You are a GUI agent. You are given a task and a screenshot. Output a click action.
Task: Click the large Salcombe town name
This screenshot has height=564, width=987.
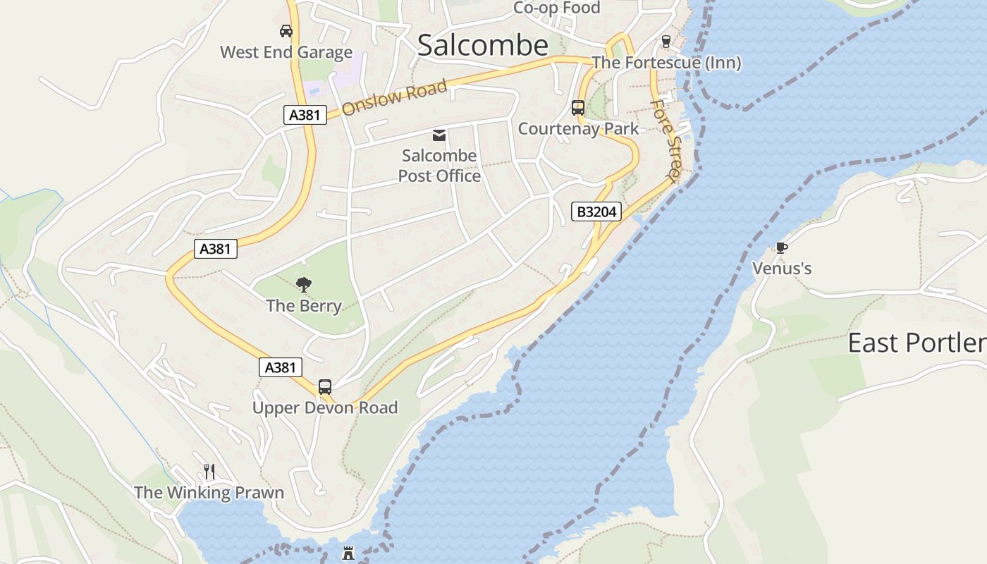pyautogui.click(x=483, y=45)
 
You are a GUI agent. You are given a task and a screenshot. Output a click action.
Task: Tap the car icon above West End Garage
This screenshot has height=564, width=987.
pyautogui.click(x=286, y=31)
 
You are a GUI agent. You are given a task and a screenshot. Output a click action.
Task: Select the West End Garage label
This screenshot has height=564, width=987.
pyautogui.click(x=286, y=52)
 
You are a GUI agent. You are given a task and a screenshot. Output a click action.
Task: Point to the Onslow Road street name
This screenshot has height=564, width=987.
pyautogui.click(x=395, y=98)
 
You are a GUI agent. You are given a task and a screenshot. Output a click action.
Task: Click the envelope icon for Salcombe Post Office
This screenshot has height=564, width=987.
pyautogui.click(x=439, y=135)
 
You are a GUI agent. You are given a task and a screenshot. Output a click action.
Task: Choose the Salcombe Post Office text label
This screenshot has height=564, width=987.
pyautogui.click(x=439, y=166)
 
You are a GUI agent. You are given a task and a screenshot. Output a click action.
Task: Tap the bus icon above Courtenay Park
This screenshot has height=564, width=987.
pyautogui.click(x=578, y=108)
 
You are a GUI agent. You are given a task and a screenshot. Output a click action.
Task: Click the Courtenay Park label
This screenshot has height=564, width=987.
pyautogui.click(x=578, y=128)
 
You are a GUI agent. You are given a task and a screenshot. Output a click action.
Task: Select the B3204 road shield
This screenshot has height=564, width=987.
pyautogui.click(x=596, y=211)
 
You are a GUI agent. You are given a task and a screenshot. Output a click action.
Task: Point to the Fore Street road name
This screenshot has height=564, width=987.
pyautogui.click(x=666, y=140)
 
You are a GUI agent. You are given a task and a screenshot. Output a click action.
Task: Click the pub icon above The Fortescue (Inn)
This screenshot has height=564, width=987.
pyautogui.click(x=666, y=42)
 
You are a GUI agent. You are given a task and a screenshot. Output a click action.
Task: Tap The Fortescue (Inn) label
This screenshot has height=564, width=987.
pyautogui.click(x=666, y=63)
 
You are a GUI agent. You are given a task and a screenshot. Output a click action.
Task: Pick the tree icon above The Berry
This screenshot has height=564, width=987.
pyautogui.click(x=304, y=285)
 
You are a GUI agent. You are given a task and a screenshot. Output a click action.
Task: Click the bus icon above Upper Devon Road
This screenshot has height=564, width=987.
pyautogui.click(x=325, y=387)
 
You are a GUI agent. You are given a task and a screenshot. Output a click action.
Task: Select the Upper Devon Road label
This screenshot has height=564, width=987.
pyautogui.click(x=325, y=407)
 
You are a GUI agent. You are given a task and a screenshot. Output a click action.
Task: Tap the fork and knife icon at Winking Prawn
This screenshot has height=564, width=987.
pyautogui.click(x=209, y=471)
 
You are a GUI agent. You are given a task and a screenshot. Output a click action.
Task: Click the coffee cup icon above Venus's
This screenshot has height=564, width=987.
pyautogui.click(x=781, y=247)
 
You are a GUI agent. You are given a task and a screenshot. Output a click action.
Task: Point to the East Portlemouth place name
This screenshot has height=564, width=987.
pyautogui.click(x=916, y=343)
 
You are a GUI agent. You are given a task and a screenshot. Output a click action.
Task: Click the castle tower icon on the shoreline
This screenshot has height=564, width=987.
pyautogui.click(x=348, y=553)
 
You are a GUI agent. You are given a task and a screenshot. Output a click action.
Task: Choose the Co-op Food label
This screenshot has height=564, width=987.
pyautogui.click(x=556, y=8)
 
